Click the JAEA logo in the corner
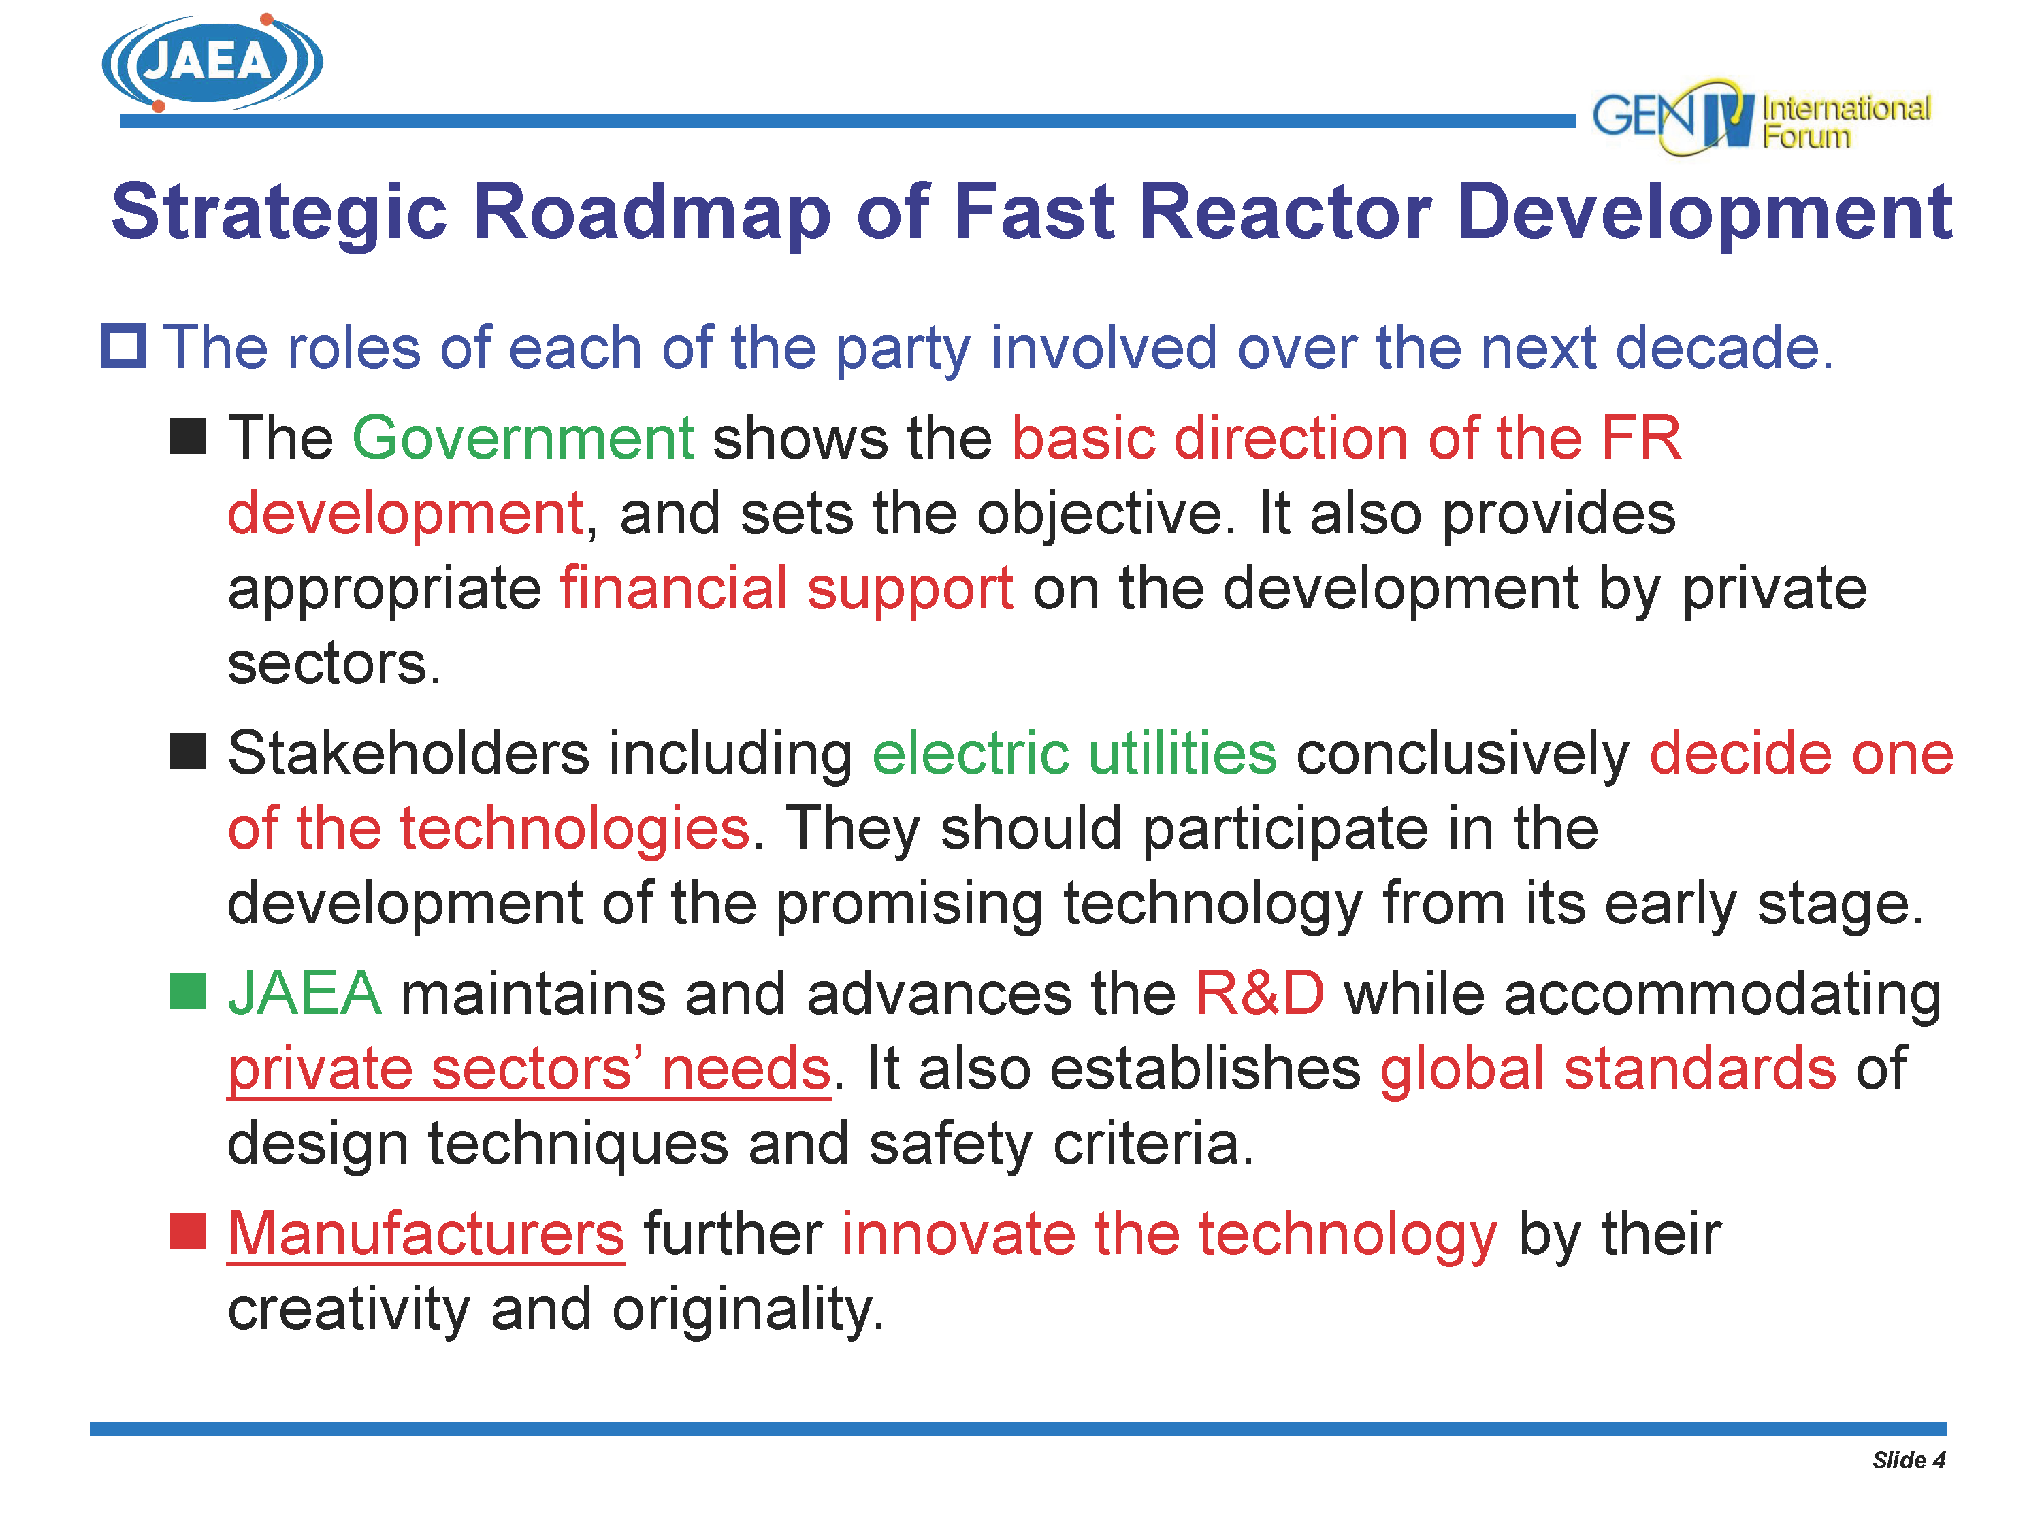[x=212, y=63]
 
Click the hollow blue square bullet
[x=124, y=347]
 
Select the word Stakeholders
[x=408, y=753]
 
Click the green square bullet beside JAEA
[x=187, y=992]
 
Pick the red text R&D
[x=1260, y=994]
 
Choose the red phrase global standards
[x=1608, y=1069]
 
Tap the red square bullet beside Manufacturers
[x=187, y=1232]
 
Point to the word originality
[x=749, y=1310]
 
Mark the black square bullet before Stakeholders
[x=187, y=751]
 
